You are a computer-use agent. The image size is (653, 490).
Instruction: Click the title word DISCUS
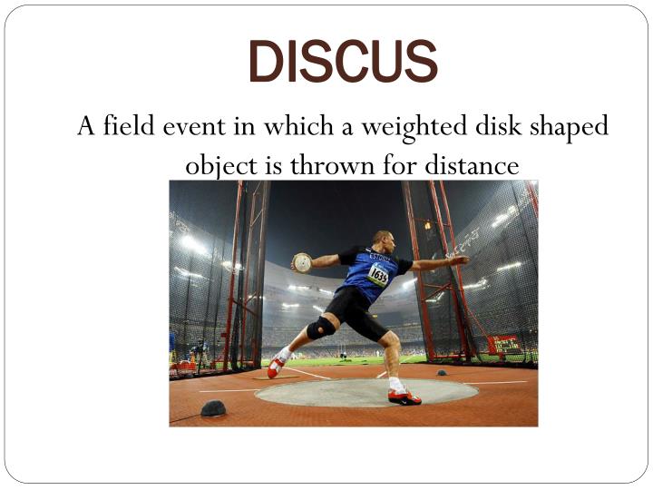click(x=343, y=61)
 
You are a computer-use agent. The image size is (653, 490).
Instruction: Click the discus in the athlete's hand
click(x=302, y=263)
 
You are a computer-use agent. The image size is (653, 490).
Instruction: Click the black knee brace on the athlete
click(x=321, y=328)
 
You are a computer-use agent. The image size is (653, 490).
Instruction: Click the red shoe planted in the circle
click(x=404, y=397)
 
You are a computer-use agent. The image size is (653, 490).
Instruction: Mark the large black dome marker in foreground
click(x=213, y=409)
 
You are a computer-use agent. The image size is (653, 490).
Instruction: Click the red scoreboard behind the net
click(x=503, y=344)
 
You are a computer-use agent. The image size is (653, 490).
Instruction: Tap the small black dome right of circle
click(x=441, y=372)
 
